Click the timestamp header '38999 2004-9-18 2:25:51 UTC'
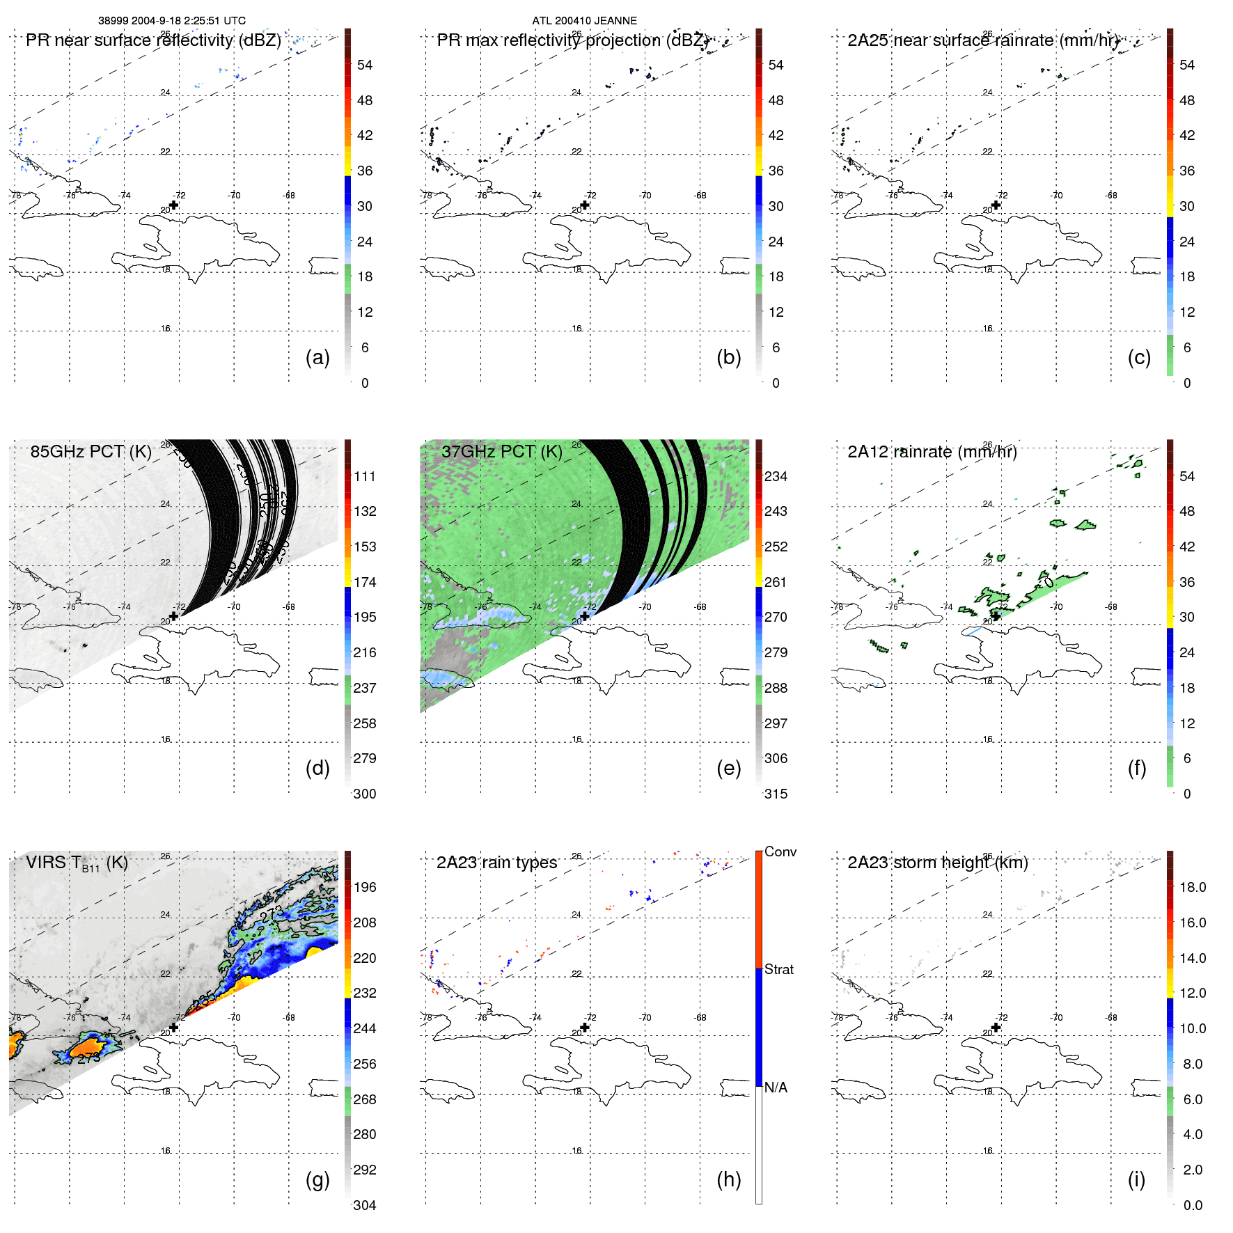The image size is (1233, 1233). pos(171,20)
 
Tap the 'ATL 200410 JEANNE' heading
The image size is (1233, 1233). pos(584,20)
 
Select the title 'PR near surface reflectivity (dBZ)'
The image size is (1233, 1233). pos(153,40)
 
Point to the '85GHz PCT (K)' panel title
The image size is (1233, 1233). pos(91,451)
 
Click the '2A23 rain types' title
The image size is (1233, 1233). pos(496,863)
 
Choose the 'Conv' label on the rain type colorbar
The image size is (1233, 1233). pos(780,851)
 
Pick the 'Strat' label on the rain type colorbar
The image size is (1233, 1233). pos(778,969)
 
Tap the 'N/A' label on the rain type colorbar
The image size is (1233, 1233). pos(776,1087)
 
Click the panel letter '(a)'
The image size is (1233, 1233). pos(317,357)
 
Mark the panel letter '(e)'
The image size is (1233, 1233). pos(728,768)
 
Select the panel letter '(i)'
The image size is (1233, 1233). pos(1136,1179)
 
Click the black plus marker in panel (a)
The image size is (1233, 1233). pos(174,205)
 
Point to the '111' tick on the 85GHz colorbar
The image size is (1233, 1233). pos(364,476)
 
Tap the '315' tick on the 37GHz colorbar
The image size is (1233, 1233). pos(776,794)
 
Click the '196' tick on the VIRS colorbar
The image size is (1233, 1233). pos(364,887)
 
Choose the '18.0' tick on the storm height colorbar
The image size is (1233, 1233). pos(1192,887)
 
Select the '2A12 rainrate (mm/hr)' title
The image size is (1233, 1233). pos(932,451)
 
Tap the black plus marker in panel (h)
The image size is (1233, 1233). pos(585,1027)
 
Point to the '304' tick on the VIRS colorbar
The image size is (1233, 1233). pos(364,1205)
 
